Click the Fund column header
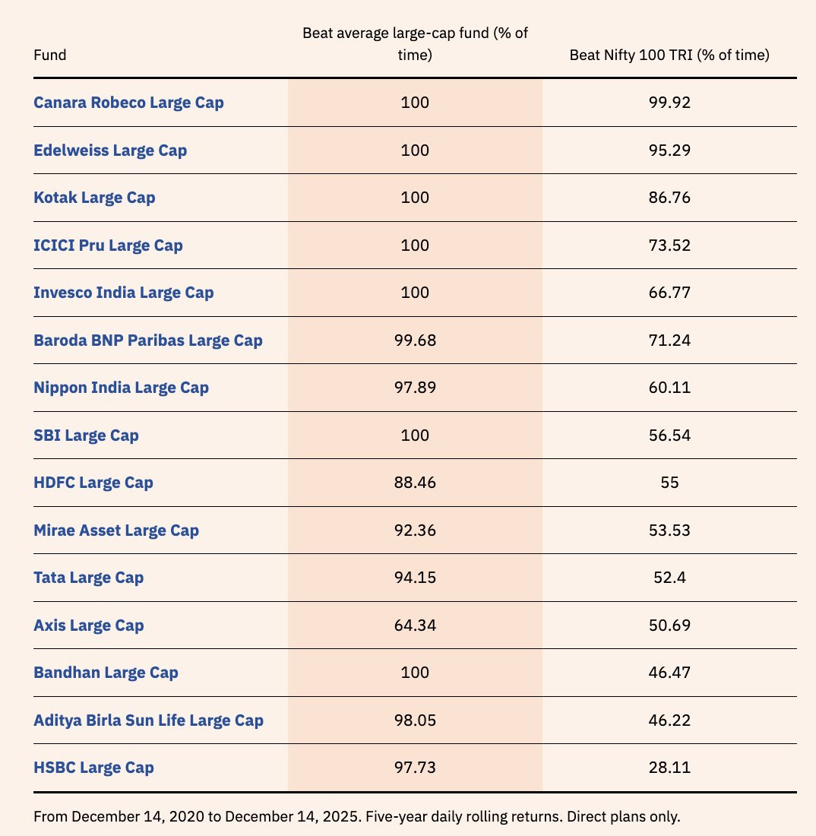pos(49,55)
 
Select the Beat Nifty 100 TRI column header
pos(669,55)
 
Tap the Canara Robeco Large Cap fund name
pos(128,103)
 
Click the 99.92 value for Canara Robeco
pos(669,103)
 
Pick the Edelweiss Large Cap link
pos(110,150)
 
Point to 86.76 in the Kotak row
pos(669,198)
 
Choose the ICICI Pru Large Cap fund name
pos(108,245)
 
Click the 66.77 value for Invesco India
pos(669,293)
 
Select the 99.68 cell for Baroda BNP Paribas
pos(415,340)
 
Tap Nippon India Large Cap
pos(121,388)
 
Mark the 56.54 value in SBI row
pos(669,435)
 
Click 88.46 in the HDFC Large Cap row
pos(415,483)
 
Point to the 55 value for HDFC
pos(669,483)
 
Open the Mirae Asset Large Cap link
pos(116,530)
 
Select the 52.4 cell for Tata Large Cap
pos(669,578)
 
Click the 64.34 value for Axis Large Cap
pos(415,625)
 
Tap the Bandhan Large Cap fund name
pos(106,673)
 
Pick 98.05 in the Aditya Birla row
pos(415,720)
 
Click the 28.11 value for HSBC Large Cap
pos(669,768)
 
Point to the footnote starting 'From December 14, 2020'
pos(356,817)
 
